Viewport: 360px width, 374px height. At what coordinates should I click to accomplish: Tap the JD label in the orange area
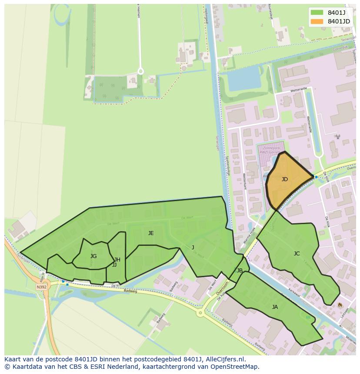[x=284, y=179]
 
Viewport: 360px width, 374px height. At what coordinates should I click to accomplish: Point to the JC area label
[x=297, y=254]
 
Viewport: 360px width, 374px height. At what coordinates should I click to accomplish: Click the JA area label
[x=275, y=307]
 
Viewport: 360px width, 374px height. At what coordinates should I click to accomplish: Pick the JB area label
[x=240, y=271]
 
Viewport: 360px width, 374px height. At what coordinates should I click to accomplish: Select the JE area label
[x=151, y=233]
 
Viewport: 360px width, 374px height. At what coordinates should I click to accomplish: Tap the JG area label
[x=93, y=256]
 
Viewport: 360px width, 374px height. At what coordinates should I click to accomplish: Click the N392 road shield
[x=41, y=287]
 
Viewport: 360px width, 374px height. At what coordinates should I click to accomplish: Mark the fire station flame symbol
[x=340, y=305]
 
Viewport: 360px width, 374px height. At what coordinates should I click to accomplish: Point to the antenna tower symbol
[x=337, y=136]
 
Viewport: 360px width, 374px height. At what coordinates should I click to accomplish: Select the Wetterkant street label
[x=244, y=181]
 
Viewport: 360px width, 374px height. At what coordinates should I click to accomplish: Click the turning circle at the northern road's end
[x=140, y=70]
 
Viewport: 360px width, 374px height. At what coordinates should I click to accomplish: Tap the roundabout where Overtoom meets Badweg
[x=200, y=312]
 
